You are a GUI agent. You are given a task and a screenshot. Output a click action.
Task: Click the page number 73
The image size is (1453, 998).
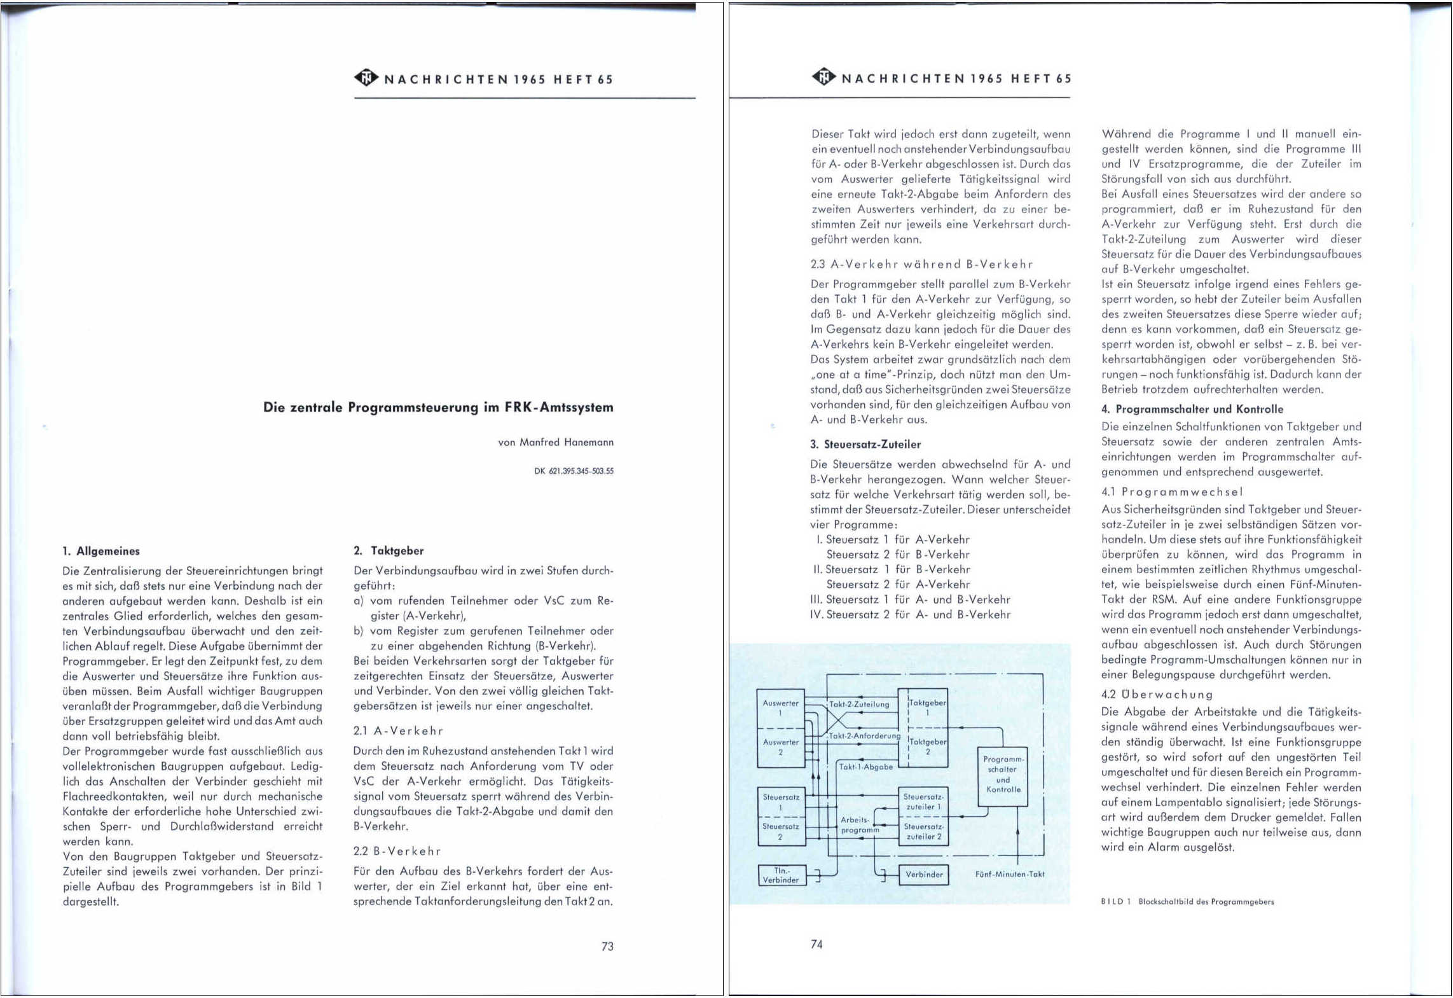[607, 946]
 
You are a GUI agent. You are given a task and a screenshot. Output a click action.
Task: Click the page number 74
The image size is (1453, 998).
[816, 945]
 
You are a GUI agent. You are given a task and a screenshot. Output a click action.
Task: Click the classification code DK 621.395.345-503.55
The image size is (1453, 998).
[574, 471]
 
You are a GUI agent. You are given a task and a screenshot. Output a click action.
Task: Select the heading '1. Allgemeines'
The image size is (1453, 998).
[101, 551]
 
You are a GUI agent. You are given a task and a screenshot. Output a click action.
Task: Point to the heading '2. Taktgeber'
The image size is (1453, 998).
[389, 551]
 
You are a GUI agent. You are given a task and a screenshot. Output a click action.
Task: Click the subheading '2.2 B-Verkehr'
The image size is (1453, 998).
[397, 851]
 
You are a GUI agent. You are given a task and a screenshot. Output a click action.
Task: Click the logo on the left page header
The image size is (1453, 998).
[366, 78]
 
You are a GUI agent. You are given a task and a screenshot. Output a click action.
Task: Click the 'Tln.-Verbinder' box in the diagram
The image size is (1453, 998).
[781, 875]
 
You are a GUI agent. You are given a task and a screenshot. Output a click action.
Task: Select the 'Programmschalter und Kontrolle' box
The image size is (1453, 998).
[1003, 774]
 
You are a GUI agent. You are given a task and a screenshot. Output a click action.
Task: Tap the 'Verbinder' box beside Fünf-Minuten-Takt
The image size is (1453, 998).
[924, 875]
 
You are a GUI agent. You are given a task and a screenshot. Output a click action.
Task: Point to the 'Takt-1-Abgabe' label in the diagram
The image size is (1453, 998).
[865, 767]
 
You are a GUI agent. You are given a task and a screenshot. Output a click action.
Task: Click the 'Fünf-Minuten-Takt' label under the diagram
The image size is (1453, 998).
[1009, 875]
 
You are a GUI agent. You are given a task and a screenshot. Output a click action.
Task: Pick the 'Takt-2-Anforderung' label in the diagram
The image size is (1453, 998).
[864, 736]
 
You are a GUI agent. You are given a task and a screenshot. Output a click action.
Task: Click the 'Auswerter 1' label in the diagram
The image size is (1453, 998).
[781, 708]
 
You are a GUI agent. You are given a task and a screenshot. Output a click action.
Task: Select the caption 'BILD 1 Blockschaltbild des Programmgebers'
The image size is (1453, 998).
[1187, 901]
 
